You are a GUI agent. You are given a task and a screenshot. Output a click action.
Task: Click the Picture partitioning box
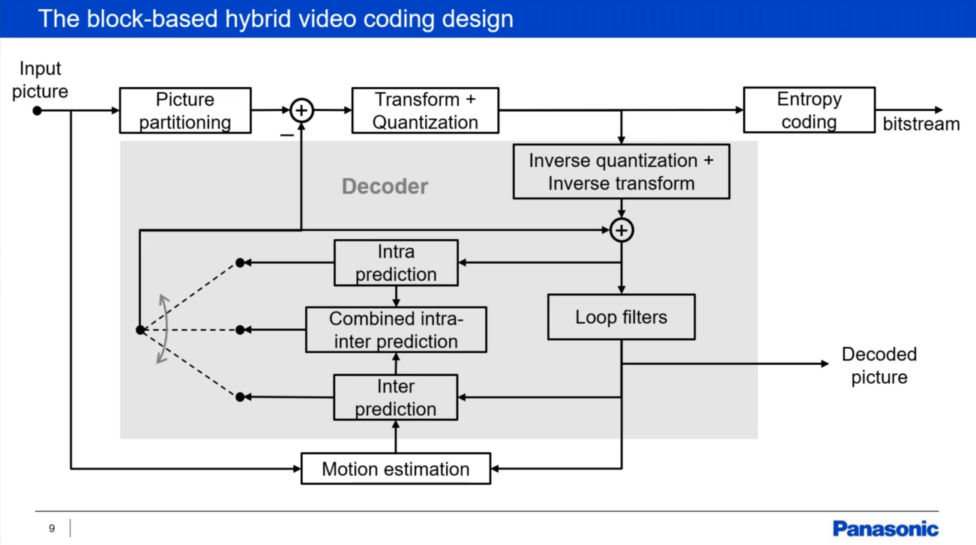pos(185,111)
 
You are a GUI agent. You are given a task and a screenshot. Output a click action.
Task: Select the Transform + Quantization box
pos(425,111)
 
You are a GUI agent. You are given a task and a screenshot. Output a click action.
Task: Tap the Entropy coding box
pos(809,110)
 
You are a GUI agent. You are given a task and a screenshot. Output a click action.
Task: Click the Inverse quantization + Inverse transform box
pos(621,172)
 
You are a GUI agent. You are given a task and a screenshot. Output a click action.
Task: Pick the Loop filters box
pos(621,317)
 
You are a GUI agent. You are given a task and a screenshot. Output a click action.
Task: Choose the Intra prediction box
pos(396,263)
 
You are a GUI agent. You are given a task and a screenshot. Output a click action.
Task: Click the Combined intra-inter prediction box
pos(396,330)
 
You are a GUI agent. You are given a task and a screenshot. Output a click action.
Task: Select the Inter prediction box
pos(395,397)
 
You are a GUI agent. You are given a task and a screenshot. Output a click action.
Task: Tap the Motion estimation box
pos(395,469)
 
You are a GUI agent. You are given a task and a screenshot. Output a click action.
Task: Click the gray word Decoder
pos(385,186)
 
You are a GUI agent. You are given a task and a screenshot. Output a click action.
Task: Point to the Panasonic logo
pos(885,529)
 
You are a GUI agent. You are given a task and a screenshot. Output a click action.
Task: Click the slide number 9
pos(52,528)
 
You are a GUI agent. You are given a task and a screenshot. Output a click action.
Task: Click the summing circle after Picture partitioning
pos(302,111)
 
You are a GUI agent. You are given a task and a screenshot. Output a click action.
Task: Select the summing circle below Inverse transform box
pos(621,230)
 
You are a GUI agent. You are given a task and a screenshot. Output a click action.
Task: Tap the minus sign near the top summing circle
pos(287,135)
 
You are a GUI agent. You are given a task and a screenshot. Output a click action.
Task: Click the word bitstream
pos(921,124)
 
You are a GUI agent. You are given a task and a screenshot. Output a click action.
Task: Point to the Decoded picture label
pos(879,365)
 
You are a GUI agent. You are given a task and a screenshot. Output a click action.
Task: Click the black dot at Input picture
pos(37,111)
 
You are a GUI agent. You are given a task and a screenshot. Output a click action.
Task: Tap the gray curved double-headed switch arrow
pos(164,329)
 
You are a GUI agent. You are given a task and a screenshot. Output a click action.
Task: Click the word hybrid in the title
pos(258,19)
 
